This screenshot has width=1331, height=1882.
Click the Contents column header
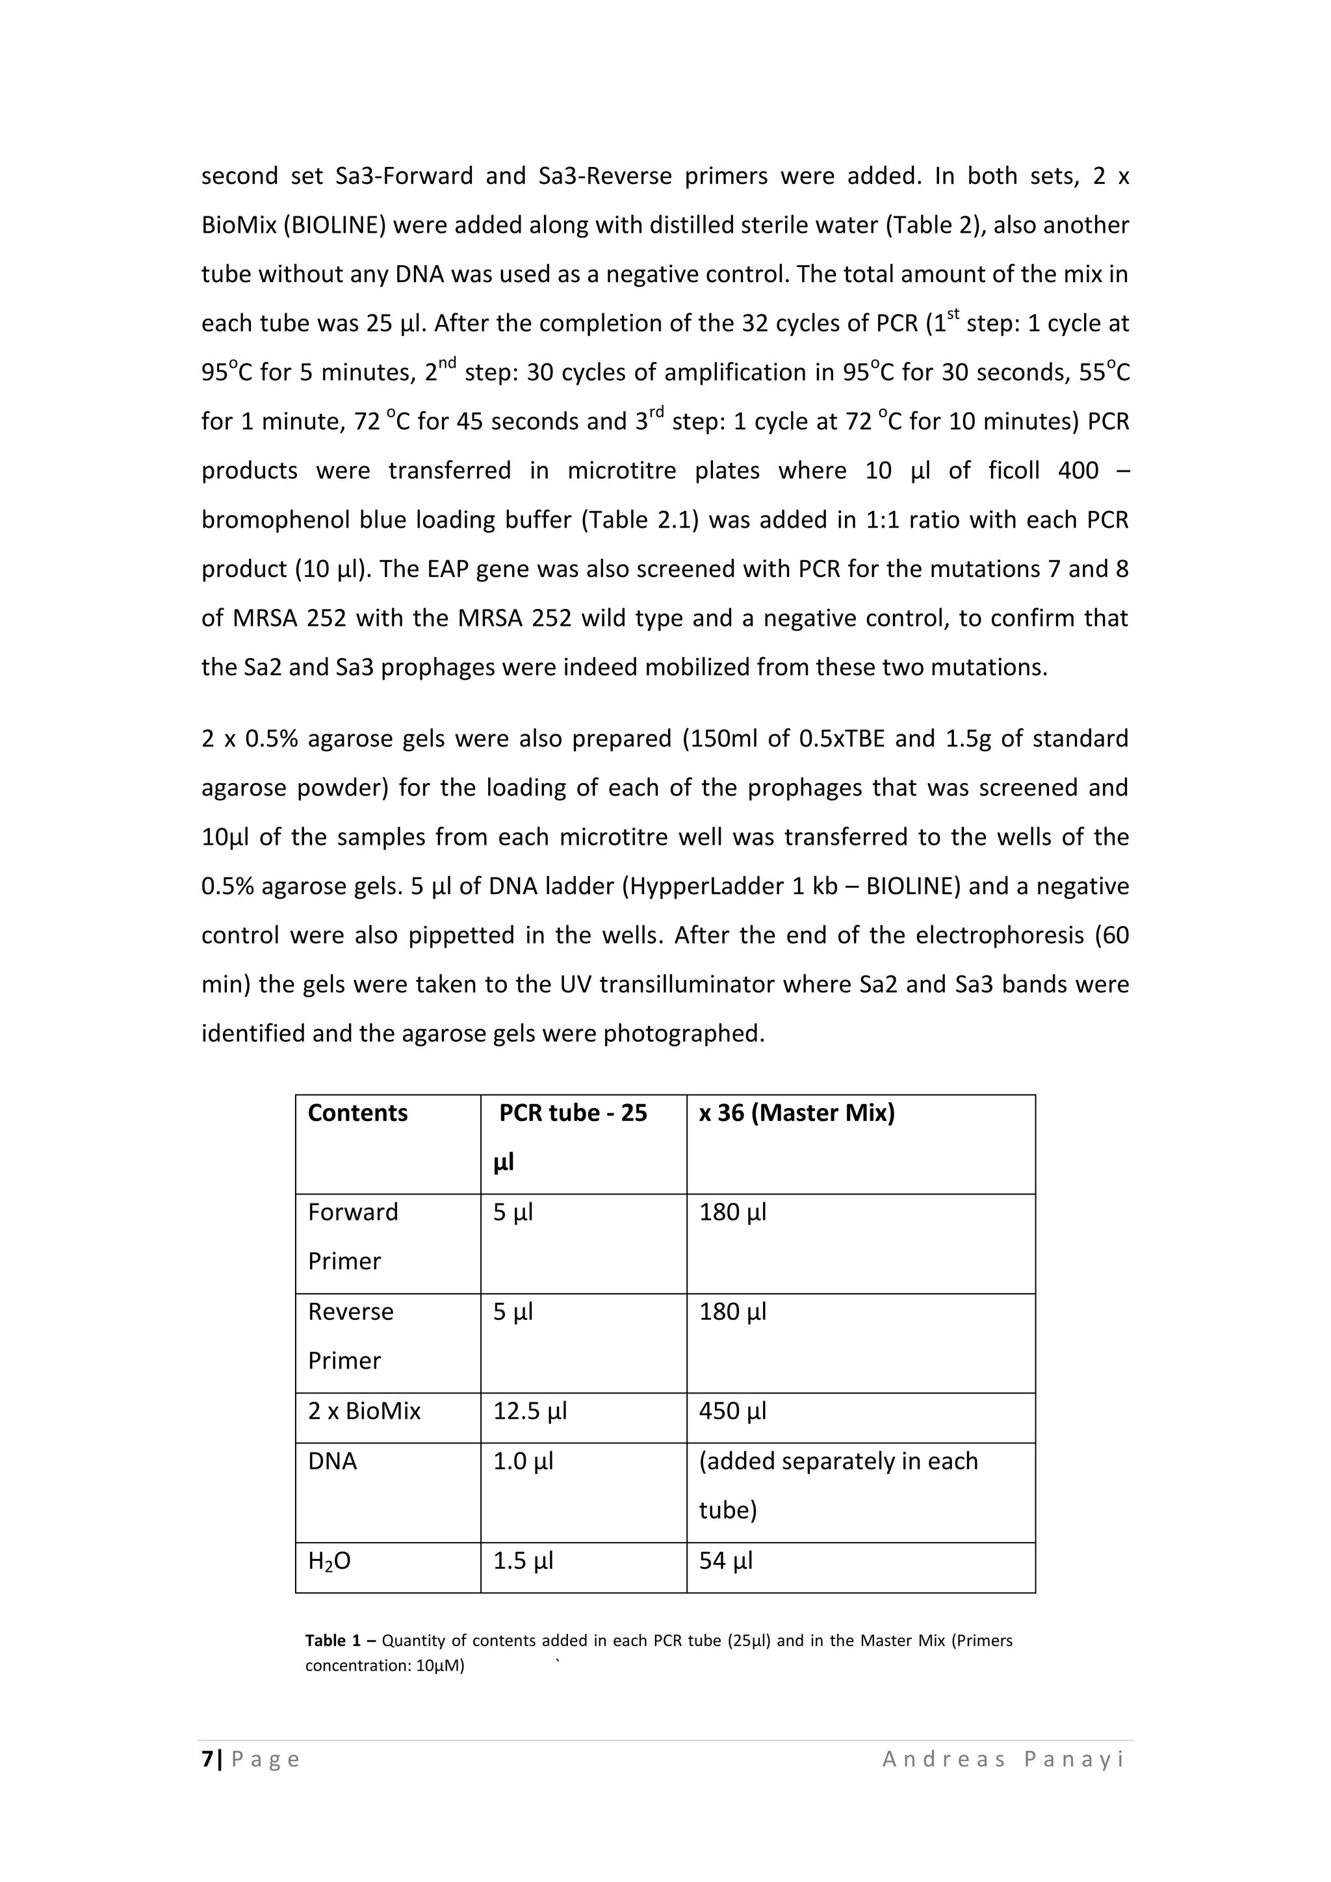coord(357,1113)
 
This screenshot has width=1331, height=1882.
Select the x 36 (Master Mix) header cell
coord(796,1113)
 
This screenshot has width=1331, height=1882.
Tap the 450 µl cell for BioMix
coord(732,1411)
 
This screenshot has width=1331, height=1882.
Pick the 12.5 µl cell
coord(530,1411)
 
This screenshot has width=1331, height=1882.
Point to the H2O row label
coord(330,1562)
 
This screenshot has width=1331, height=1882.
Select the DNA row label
coord(332,1462)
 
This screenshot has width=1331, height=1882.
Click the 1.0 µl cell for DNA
coord(523,1462)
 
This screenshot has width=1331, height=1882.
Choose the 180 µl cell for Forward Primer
coord(732,1212)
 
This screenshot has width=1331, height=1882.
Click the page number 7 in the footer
coord(207,1759)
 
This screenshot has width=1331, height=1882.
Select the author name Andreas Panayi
coord(1003,1759)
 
